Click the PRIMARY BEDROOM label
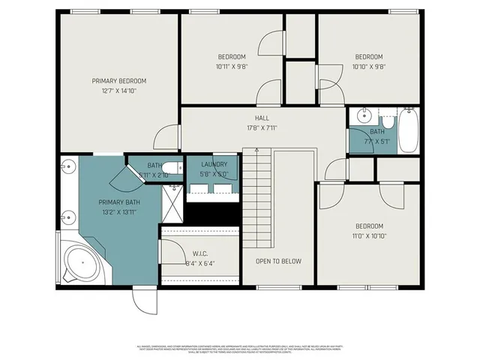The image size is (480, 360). click(118, 81)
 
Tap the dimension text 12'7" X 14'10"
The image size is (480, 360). click(118, 91)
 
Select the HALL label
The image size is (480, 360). click(262, 118)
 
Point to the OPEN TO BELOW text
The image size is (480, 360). click(278, 261)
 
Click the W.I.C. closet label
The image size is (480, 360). click(199, 253)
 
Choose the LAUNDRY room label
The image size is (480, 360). click(214, 165)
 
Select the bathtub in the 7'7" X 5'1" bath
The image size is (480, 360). click(407, 130)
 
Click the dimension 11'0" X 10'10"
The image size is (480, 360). click(369, 235)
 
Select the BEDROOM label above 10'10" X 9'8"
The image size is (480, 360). click(368, 57)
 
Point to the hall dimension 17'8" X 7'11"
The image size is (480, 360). click(262, 127)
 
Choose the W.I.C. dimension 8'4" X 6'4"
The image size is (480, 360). click(199, 263)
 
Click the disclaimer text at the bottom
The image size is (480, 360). click(240, 349)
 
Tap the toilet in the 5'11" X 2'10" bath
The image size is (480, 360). click(171, 167)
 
